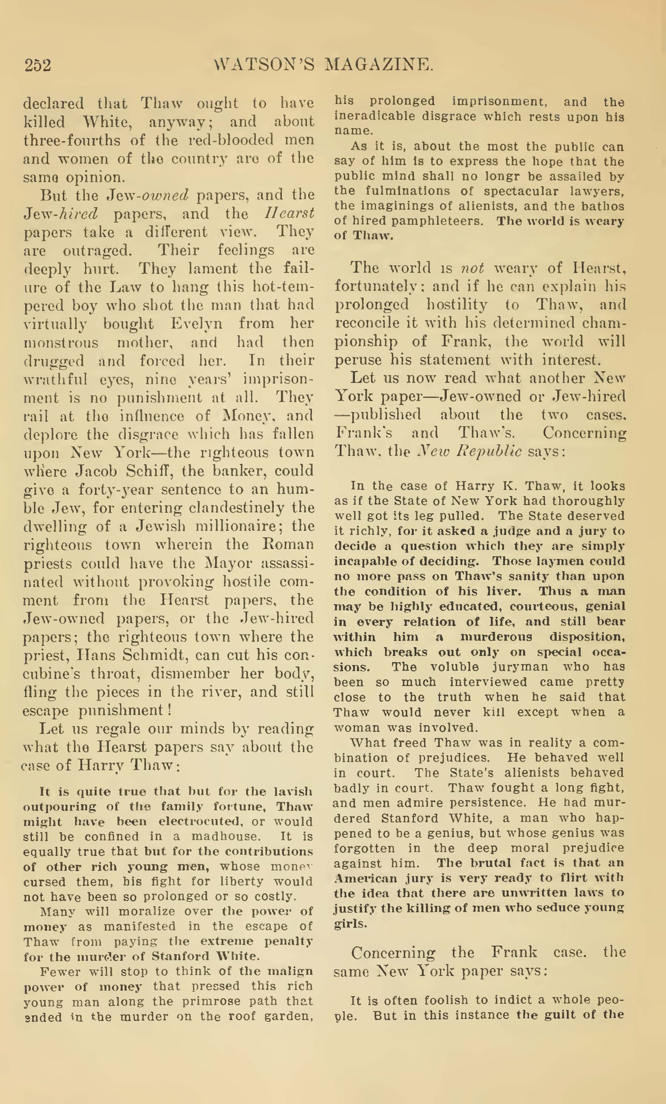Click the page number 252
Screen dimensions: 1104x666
[x=38, y=65]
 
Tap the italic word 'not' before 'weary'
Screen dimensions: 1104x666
[x=472, y=268]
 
